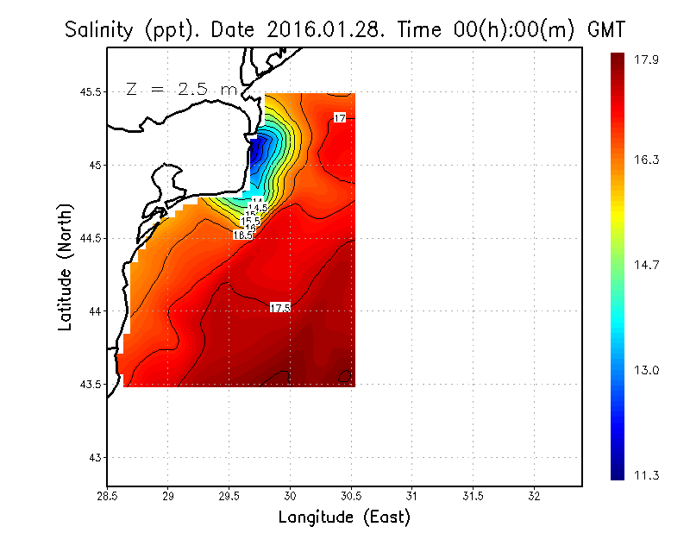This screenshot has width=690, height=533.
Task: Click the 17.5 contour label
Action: coord(280,308)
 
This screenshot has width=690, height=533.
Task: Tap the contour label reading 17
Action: coord(340,118)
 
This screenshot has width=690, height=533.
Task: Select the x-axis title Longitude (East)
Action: coord(344,517)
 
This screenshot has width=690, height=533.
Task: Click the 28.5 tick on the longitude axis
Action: coord(107,496)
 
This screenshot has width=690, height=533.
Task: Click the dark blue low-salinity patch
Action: coord(258,155)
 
